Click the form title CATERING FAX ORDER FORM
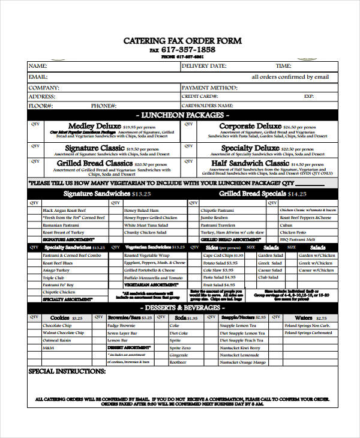[182, 41]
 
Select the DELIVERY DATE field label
[204, 66]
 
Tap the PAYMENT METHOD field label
[206, 87]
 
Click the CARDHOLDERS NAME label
[207, 106]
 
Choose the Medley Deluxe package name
[95, 127]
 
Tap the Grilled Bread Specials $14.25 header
[262, 194]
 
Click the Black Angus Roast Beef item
[64, 211]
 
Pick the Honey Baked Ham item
[141, 211]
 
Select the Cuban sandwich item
[286, 224]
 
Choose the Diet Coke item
[179, 333]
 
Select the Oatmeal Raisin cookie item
[58, 340]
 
